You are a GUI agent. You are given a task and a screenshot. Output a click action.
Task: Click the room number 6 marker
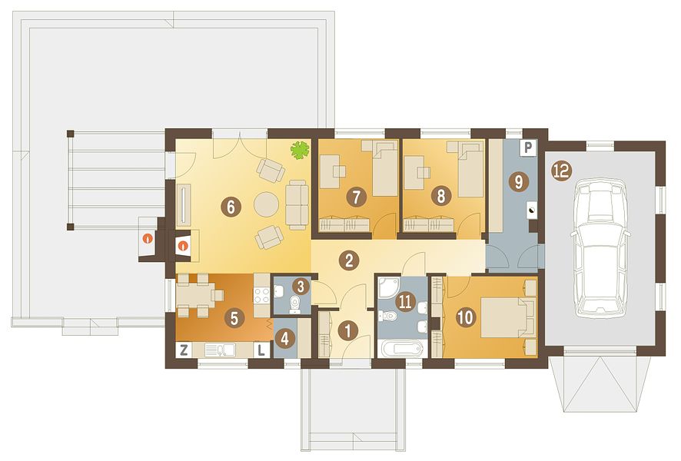pyautogui.click(x=231, y=207)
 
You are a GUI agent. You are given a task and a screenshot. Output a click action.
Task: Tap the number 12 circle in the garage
pyautogui.click(x=561, y=171)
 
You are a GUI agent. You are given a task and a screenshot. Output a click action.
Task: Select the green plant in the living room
pyautogui.click(x=300, y=150)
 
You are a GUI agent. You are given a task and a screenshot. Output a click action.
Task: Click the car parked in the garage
pyautogui.click(x=601, y=249)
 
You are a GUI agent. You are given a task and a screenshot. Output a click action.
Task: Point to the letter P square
pyautogui.click(x=528, y=148)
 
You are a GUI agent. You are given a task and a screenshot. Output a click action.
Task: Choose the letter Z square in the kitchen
pyautogui.click(x=184, y=350)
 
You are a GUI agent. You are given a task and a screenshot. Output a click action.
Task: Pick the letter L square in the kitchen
pyautogui.click(x=261, y=350)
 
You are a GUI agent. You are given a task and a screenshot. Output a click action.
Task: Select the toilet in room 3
pyautogui.click(x=296, y=303)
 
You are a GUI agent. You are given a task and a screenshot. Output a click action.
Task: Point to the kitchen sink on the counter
pyautogui.click(x=219, y=350)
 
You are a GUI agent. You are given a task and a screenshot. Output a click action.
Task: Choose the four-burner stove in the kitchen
pyautogui.click(x=262, y=296)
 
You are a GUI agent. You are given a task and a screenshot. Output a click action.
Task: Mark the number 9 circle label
pyautogui.click(x=519, y=181)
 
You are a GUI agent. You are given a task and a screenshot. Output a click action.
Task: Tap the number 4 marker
pyautogui.click(x=285, y=338)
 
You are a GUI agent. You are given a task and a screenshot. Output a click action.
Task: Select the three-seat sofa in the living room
pyautogui.click(x=297, y=204)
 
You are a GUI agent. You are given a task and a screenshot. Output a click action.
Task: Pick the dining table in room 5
pyautogui.click(x=194, y=295)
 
